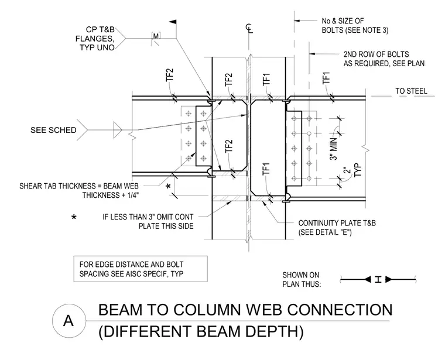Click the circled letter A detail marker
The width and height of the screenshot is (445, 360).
tap(69, 321)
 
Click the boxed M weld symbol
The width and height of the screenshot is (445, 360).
tap(156, 36)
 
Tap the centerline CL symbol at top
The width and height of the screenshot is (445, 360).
tap(249, 28)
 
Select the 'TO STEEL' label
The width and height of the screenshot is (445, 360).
tap(411, 91)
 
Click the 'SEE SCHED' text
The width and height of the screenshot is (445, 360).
tap(53, 130)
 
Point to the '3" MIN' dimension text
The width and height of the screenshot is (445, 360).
tap(334, 149)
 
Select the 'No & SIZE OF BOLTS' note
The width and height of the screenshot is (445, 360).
tap(355, 26)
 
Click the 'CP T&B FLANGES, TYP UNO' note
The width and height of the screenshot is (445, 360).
tap(95, 39)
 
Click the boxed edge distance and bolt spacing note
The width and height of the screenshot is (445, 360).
tap(141, 269)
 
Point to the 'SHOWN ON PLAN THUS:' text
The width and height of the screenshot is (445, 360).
tap(302, 279)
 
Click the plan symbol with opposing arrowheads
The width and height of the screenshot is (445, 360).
tap(378, 279)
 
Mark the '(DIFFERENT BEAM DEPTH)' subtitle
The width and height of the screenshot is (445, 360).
tap(201, 331)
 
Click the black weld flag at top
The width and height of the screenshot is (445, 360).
tap(173, 22)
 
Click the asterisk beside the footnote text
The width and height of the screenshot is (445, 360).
tap(74, 218)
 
